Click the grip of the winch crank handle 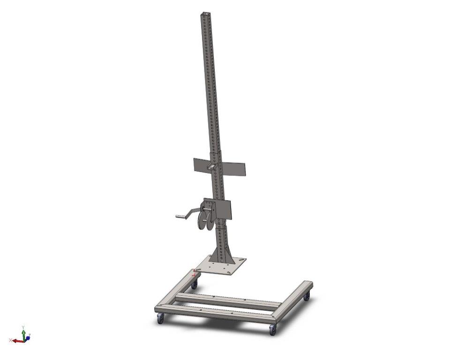coord(180,217)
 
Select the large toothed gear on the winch coord(204,220)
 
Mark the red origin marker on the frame coord(195,272)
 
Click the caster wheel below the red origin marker coord(194,284)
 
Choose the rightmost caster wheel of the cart coord(307,296)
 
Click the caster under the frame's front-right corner coord(273,330)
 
